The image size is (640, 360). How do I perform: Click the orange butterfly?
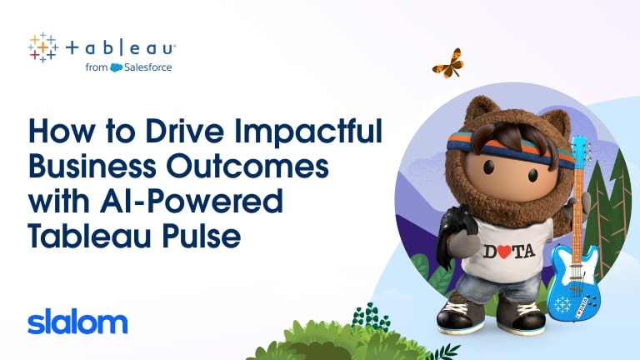coord(448,63)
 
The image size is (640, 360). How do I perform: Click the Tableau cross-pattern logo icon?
coord(42,47)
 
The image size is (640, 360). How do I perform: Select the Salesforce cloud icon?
coord(117,67)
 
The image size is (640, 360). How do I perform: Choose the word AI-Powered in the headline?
coord(191,201)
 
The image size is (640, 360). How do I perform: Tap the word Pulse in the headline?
coord(202,236)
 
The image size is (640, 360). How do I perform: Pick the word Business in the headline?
coord(92,166)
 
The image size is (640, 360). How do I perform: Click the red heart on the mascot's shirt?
coord(504,252)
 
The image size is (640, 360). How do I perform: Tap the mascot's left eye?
coord(489,166)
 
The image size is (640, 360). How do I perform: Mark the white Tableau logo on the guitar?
coord(562,304)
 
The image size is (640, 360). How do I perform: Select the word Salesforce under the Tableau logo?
coord(147,67)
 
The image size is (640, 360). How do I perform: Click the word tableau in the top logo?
coord(121,48)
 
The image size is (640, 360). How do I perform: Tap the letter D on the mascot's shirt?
coord(490,252)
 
